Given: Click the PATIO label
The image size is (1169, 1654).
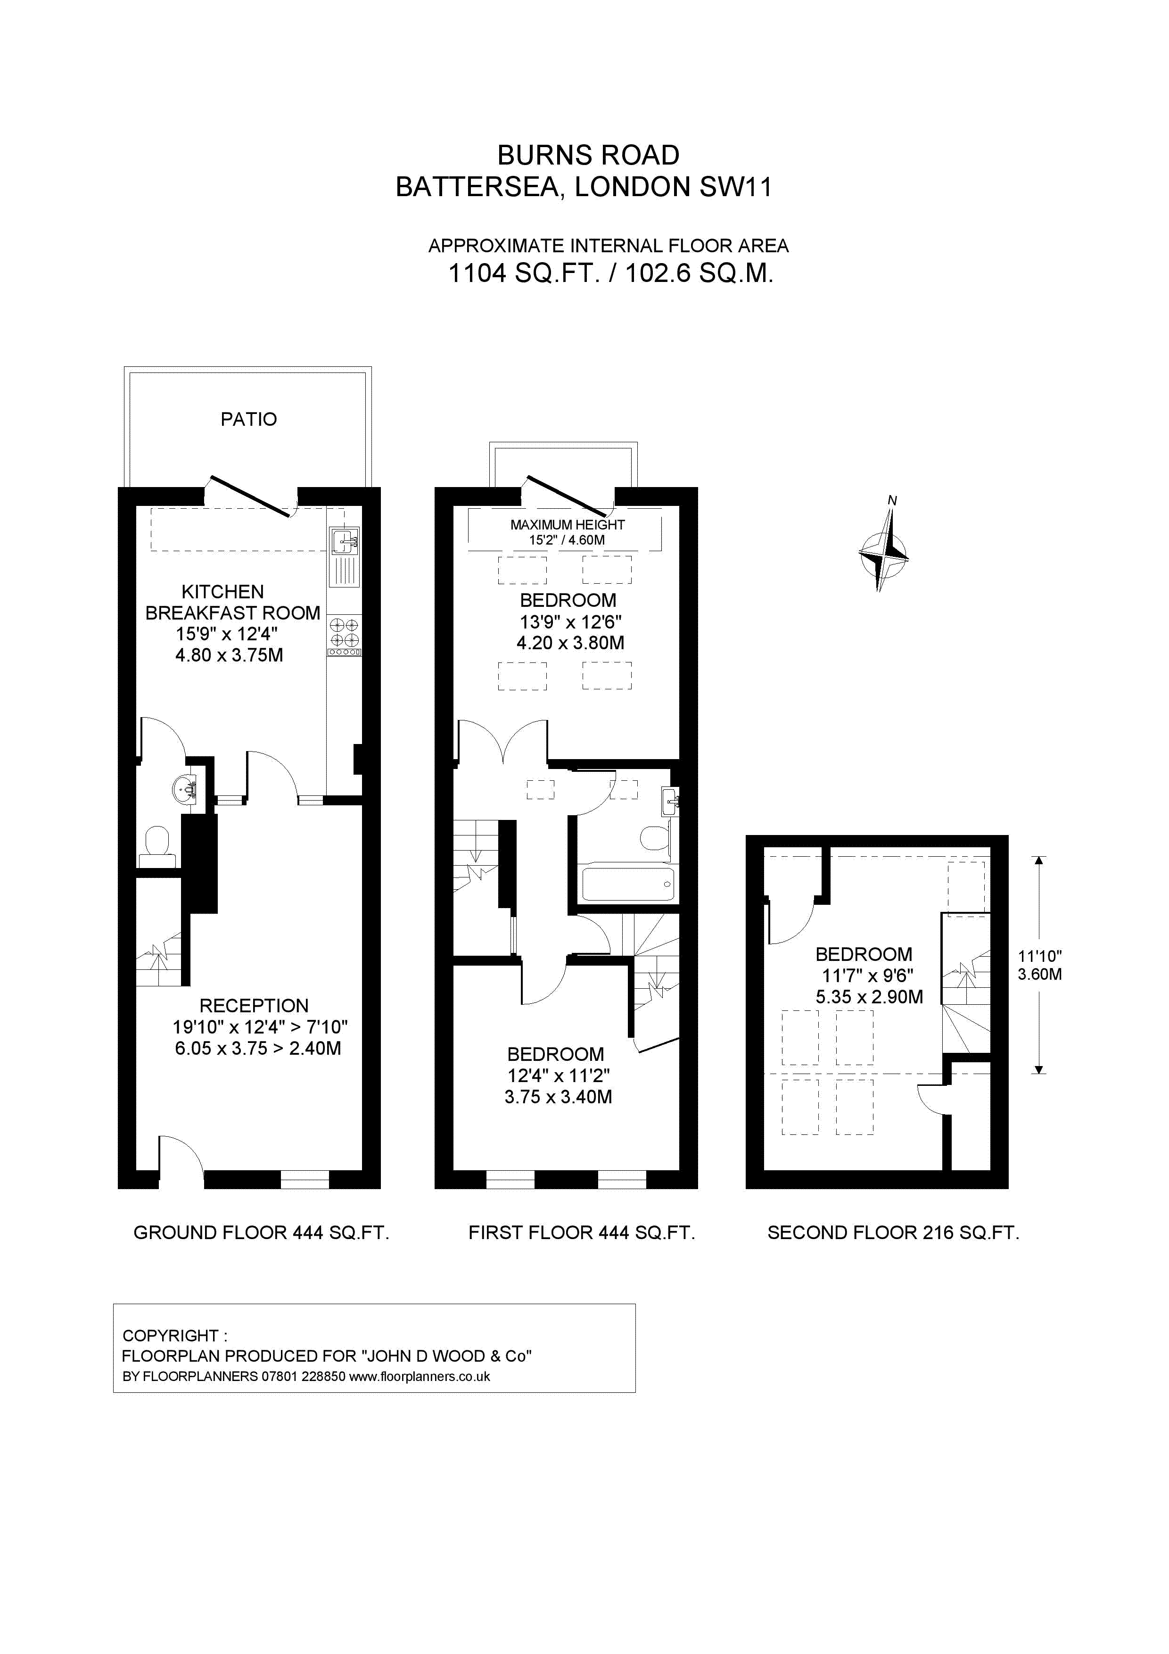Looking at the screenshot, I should point(248,419).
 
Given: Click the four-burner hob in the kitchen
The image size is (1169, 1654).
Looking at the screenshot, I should point(344,632).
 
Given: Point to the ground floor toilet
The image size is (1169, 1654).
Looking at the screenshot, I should point(156,846).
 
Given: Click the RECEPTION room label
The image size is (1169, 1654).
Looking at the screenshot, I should point(254,1006).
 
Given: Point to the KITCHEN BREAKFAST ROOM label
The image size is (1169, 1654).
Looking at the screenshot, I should point(232,602).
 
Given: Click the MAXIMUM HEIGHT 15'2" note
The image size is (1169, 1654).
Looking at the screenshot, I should point(567,532).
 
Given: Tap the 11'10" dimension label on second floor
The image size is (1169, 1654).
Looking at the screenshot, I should point(1039,965).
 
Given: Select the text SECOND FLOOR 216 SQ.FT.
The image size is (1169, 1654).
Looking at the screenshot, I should point(893,1232).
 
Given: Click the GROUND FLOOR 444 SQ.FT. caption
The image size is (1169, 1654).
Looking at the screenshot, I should point(261,1232).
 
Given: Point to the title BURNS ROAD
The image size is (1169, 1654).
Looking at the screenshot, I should point(588,155).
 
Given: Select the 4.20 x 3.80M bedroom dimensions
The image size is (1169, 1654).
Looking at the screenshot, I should point(570,643).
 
